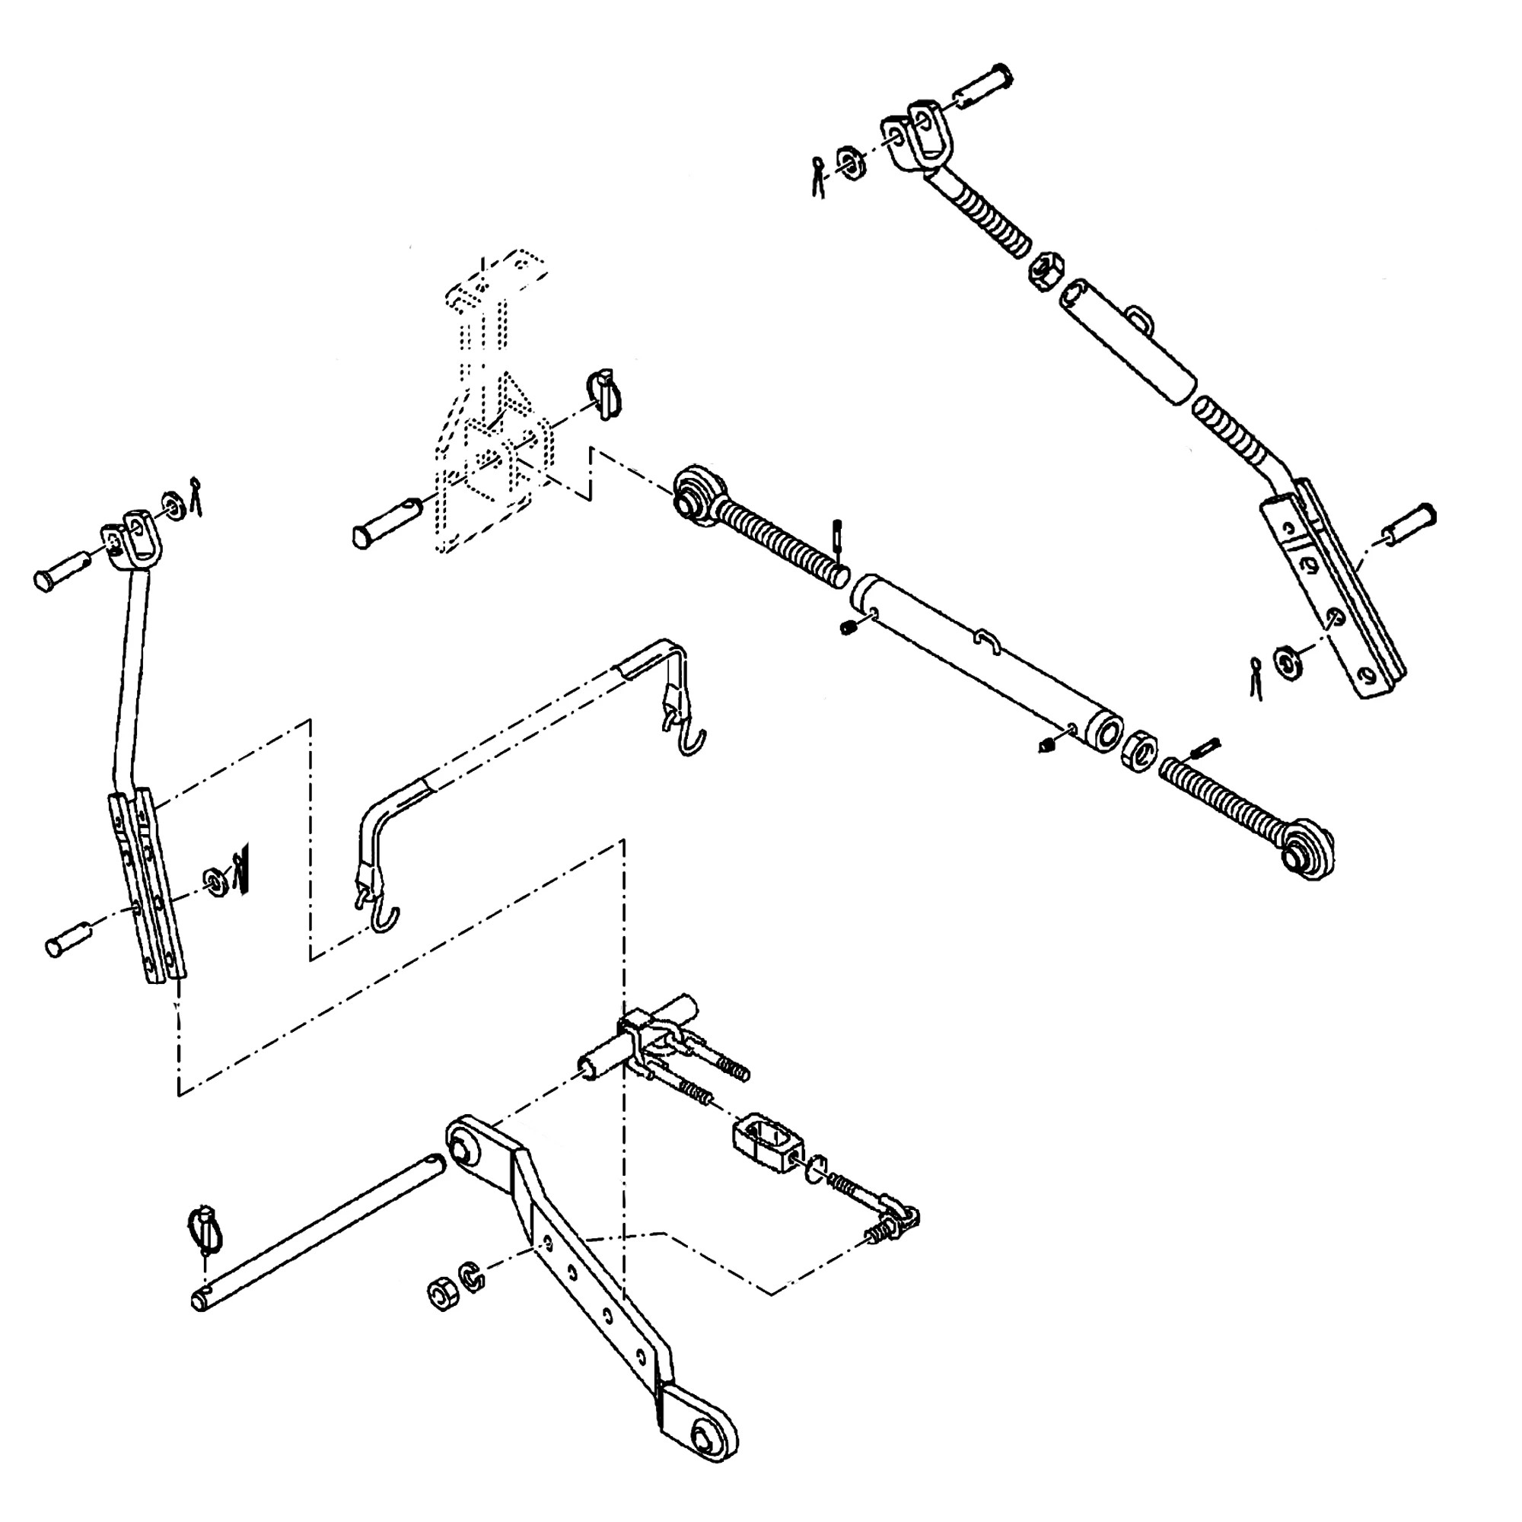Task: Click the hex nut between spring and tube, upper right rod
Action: (1046, 271)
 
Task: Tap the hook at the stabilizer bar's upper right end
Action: (692, 740)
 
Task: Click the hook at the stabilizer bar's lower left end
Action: (384, 919)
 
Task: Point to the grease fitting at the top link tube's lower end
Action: (1048, 743)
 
